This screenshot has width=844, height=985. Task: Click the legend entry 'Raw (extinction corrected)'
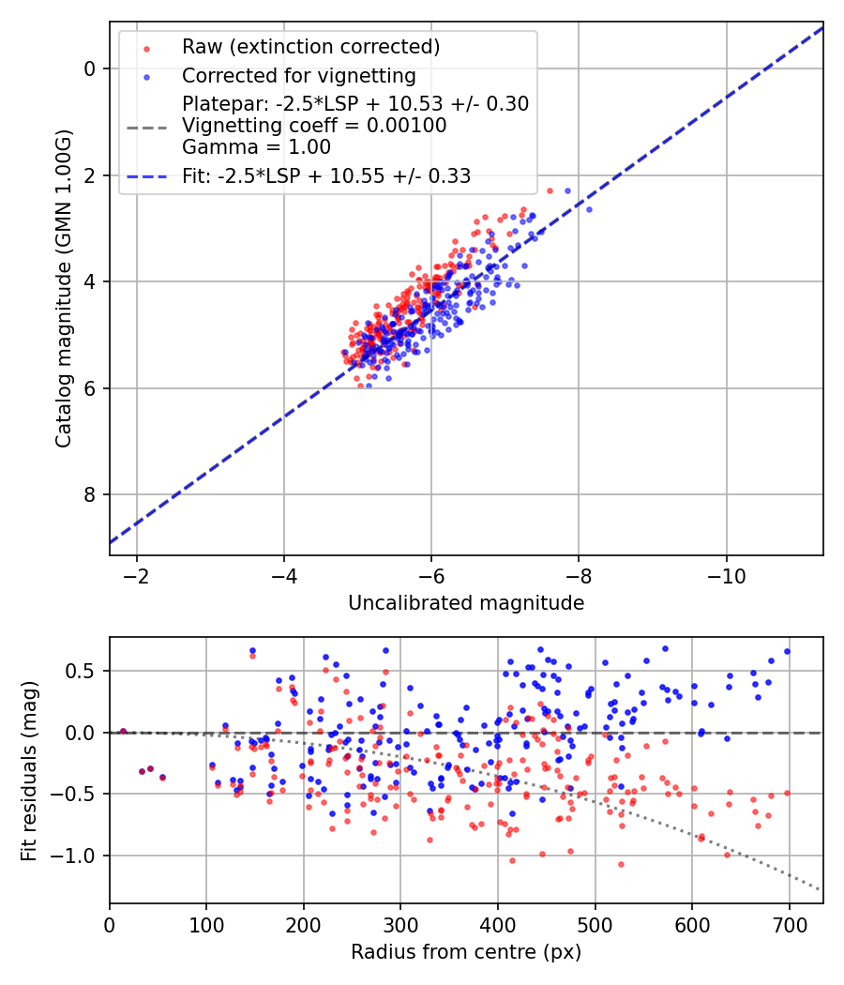click(310, 47)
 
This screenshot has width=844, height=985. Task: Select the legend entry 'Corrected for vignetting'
click(299, 76)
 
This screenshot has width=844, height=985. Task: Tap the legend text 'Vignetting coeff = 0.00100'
click(314, 126)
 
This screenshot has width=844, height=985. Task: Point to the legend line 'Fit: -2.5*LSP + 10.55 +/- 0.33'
click(326, 176)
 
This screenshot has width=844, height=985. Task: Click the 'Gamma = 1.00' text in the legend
click(256, 147)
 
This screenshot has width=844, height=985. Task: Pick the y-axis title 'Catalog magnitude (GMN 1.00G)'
click(64, 288)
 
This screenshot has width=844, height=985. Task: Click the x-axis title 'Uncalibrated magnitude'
click(466, 603)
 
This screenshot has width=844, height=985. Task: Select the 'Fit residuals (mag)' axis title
click(29, 770)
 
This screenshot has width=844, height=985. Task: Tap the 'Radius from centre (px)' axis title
click(466, 952)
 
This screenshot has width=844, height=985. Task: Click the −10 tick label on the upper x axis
click(726, 576)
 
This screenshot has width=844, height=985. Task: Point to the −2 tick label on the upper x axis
click(136, 576)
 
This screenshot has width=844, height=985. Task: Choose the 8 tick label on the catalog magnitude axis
click(90, 495)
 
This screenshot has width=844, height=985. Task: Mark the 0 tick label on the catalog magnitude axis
click(90, 68)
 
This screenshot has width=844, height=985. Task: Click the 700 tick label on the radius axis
click(790, 925)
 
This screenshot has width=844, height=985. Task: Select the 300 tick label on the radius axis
click(400, 925)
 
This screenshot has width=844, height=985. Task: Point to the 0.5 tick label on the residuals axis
click(81, 671)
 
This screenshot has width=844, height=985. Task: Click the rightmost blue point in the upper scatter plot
click(589, 209)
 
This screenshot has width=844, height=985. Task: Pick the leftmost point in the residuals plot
click(123, 731)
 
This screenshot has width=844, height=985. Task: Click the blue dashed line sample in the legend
click(147, 176)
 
